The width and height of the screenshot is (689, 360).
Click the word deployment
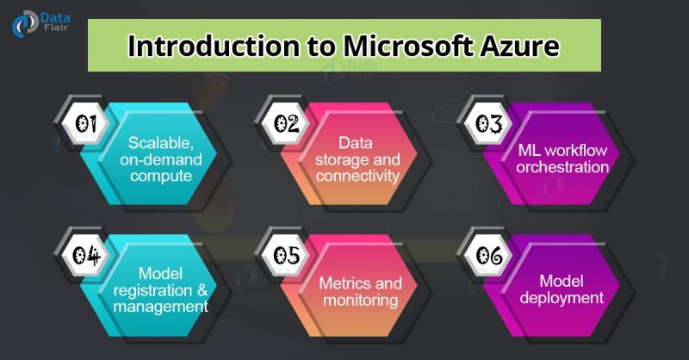(x=562, y=298)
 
